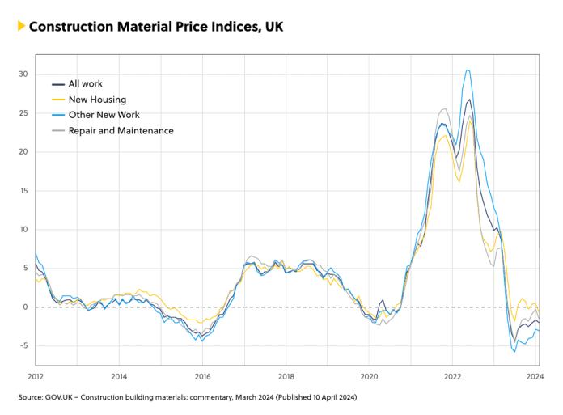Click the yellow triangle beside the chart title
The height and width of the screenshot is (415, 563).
20,26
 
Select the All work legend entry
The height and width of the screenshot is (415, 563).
85,83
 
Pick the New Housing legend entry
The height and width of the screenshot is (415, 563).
97,99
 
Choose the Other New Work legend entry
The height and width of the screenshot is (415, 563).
104,115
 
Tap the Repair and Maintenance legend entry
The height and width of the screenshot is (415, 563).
121,130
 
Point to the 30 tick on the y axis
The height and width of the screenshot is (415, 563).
23,74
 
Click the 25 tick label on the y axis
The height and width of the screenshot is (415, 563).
23,113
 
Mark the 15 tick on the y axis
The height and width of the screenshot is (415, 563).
23,191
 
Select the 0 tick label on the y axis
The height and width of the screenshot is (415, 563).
26,307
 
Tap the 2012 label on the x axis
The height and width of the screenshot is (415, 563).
36,377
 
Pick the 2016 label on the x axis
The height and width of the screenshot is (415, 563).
203,377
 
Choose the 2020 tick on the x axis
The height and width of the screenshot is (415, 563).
369,377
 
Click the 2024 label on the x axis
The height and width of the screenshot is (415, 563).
535,377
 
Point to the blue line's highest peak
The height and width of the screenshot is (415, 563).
468,70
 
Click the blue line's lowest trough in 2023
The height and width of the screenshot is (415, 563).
514,351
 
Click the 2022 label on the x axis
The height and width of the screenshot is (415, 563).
452,377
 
